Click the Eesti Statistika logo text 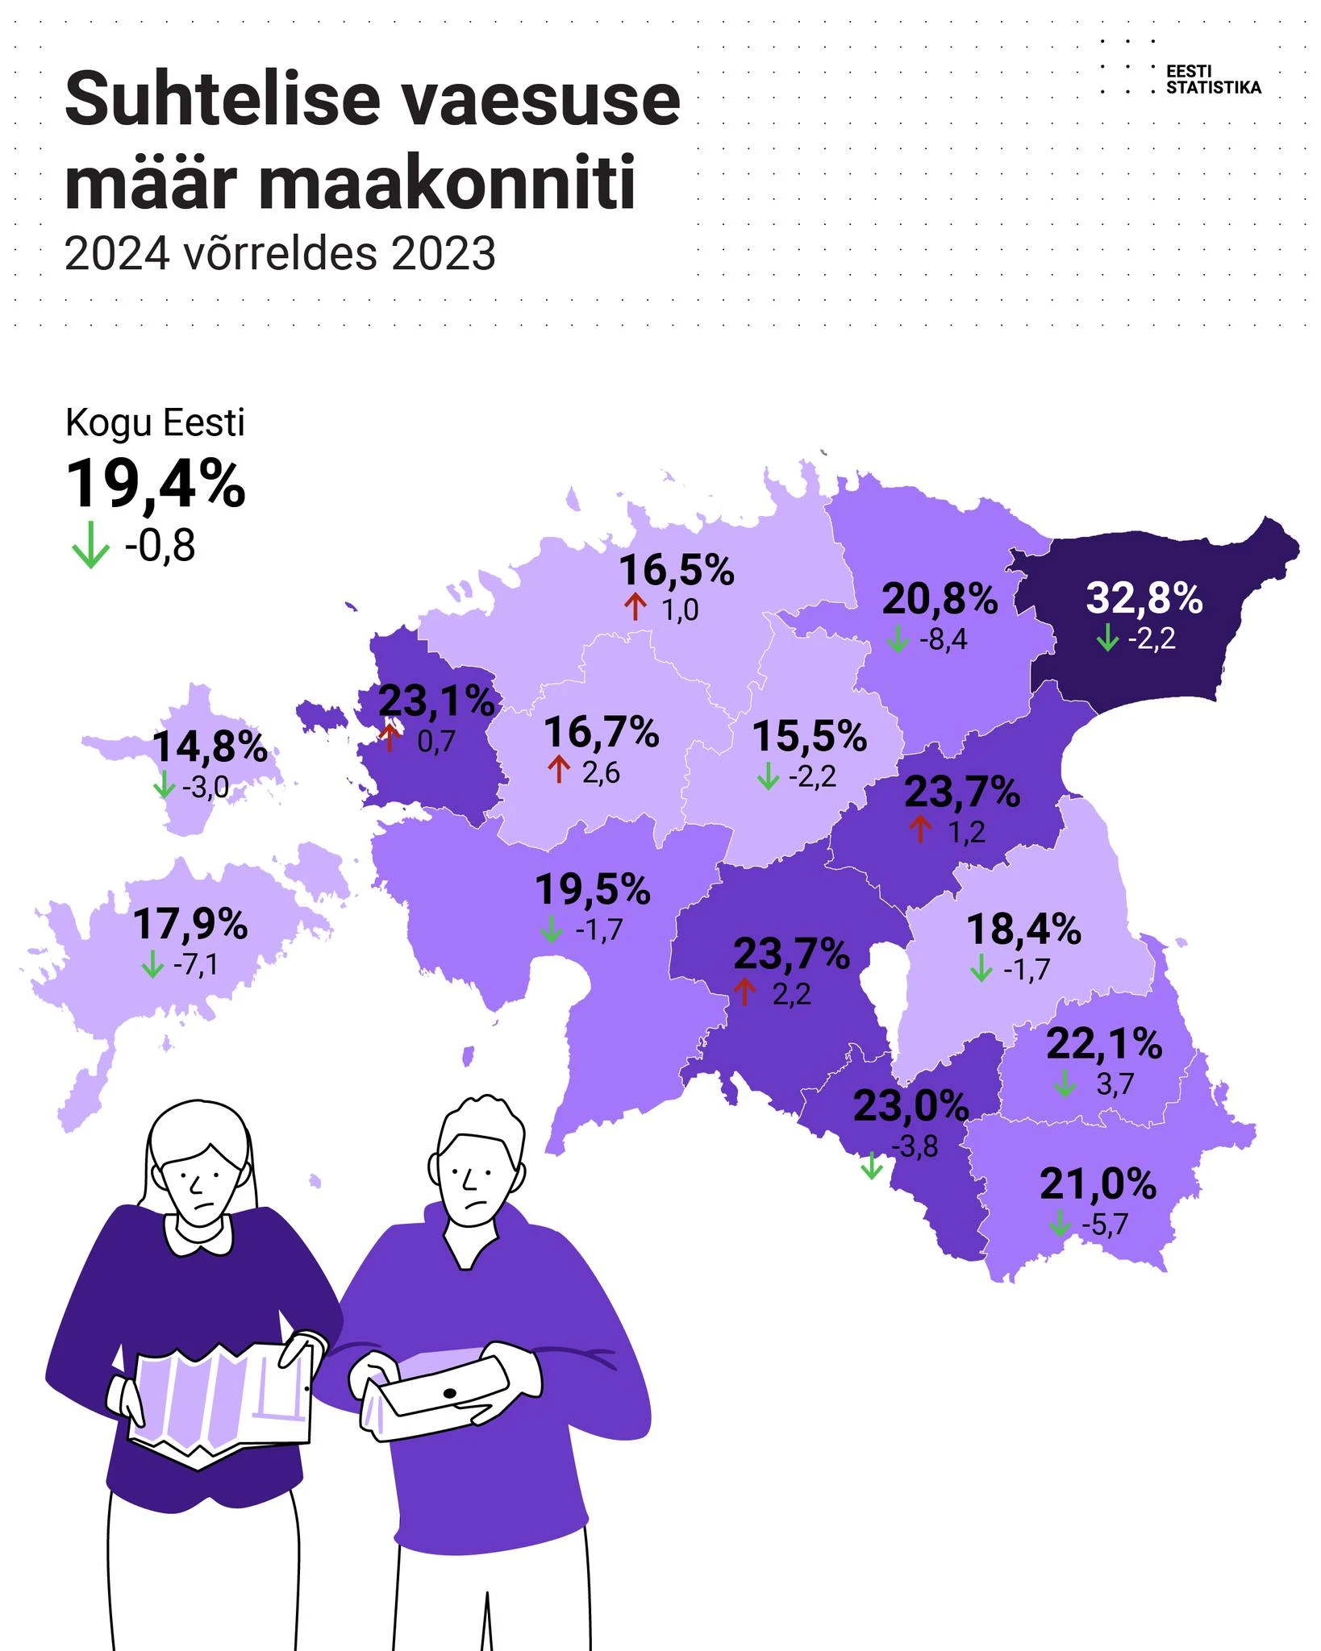click(1213, 79)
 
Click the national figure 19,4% click(156, 484)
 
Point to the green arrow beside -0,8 click(90, 545)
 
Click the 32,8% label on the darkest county click(1144, 598)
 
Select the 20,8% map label click(940, 599)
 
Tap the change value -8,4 click(943, 639)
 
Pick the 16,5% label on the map click(677, 570)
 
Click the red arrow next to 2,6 click(558, 770)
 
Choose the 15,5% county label click(809, 736)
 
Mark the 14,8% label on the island click(210, 746)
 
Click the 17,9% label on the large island click(190, 924)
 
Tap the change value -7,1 click(195, 964)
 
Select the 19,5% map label click(593, 890)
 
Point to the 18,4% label click(1023, 929)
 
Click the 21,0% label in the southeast click(1098, 1184)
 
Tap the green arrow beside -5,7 click(1060, 1225)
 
